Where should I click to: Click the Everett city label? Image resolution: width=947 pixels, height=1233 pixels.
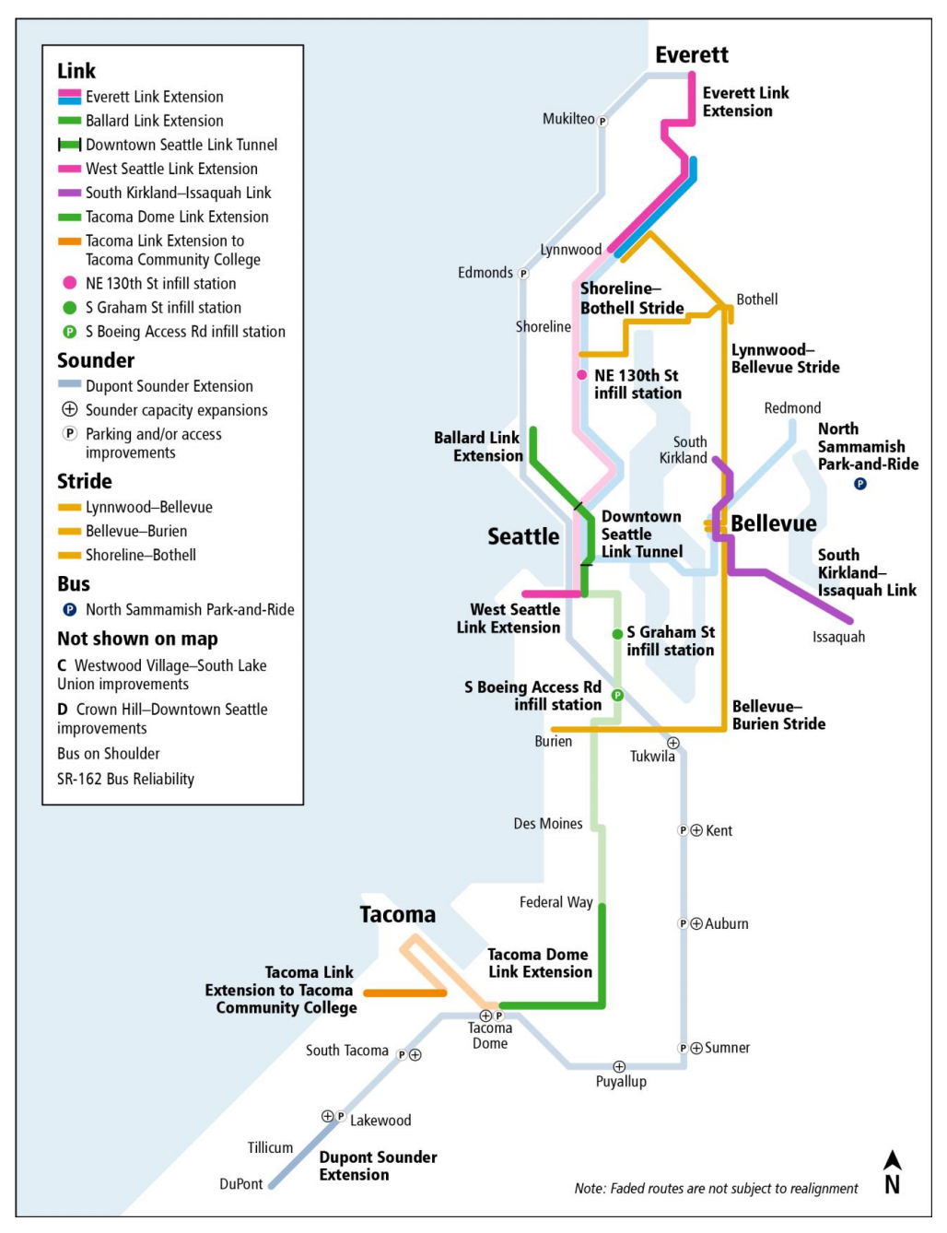click(x=691, y=55)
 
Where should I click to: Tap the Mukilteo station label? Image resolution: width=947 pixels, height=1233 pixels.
click(x=568, y=119)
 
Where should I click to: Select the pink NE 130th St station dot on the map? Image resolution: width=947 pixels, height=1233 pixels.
click(x=581, y=375)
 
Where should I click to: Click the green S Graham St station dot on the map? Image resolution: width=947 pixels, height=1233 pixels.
click(x=617, y=634)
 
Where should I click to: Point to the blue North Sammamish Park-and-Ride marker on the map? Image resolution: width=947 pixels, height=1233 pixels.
click(x=859, y=484)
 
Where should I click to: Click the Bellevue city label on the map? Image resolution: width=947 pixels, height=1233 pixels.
click(x=773, y=523)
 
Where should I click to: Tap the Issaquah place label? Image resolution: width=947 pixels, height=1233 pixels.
click(x=838, y=637)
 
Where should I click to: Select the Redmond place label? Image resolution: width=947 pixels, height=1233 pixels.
click(x=792, y=408)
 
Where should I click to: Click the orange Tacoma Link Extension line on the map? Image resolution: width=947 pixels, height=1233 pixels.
click(x=405, y=992)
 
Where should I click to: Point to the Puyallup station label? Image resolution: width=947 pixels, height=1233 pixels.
click(x=621, y=1082)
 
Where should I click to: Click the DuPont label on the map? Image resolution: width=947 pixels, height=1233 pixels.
click(x=241, y=1184)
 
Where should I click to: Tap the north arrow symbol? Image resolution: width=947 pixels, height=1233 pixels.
click(x=892, y=1171)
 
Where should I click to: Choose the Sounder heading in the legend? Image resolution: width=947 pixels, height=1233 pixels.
click(x=96, y=360)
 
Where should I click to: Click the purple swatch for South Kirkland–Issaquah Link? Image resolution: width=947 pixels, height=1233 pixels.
click(x=69, y=193)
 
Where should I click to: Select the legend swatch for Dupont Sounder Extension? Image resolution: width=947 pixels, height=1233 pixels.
click(x=69, y=385)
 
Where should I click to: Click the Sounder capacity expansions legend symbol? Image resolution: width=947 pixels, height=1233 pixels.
click(x=69, y=410)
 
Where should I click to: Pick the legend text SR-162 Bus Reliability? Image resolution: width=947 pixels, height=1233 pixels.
click(x=126, y=780)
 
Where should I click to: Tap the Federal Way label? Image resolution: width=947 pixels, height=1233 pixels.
click(x=555, y=902)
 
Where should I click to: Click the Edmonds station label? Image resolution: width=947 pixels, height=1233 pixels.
click(x=485, y=273)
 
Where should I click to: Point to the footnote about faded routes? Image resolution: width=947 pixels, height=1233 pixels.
click(x=716, y=1189)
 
